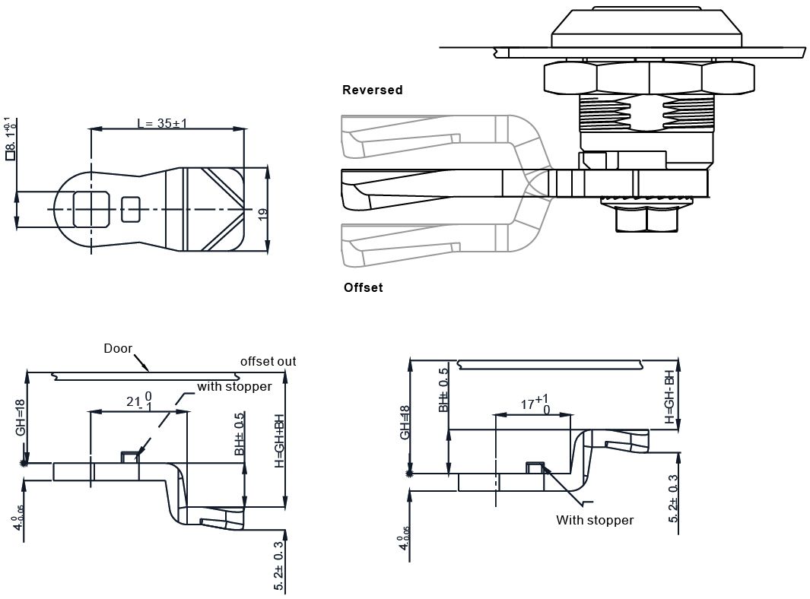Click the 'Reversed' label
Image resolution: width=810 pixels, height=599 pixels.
[x=372, y=90]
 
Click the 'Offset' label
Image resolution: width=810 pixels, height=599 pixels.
[x=363, y=287]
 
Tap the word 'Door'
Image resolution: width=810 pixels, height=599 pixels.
[x=118, y=349]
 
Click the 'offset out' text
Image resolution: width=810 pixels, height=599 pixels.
[x=268, y=361]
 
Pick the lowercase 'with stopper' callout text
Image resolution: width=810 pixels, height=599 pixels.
[x=234, y=386]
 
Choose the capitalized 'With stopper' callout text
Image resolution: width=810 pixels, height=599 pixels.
[x=594, y=520]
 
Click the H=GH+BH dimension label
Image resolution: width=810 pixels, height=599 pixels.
[x=279, y=441]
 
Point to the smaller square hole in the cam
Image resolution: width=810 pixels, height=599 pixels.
[x=132, y=209]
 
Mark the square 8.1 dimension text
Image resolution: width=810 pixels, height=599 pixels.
[x=10, y=138]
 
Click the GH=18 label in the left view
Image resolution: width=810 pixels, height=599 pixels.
[x=21, y=418]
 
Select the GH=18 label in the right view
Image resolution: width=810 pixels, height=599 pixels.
[x=405, y=422]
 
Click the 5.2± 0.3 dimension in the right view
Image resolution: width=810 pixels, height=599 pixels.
[x=673, y=499]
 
